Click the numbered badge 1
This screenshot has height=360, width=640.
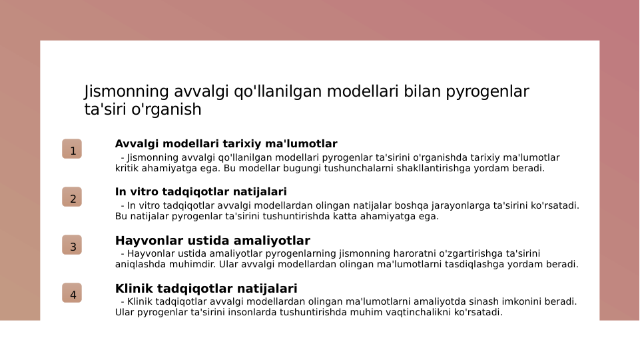click(72, 149)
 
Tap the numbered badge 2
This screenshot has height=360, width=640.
click(72, 197)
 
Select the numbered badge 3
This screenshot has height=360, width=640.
click(72, 245)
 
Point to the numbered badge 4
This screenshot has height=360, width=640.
click(72, 293)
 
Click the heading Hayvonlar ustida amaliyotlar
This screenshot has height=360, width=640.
click(212, 241)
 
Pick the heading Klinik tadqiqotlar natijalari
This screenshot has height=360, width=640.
click(206, 289)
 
